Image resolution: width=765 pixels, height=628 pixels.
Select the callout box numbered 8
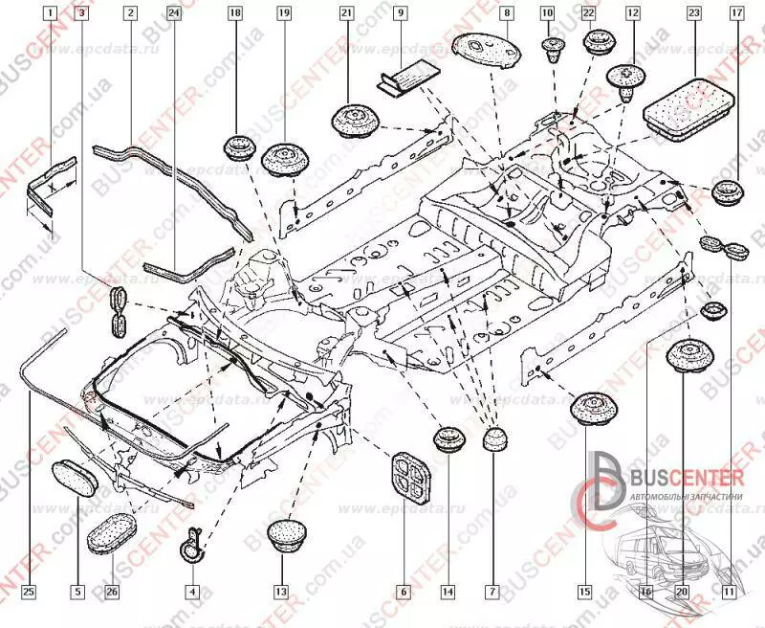pyautogui.click(x=507, y=14)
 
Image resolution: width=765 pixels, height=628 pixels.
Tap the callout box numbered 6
pyautogui.click(x=404, y=593)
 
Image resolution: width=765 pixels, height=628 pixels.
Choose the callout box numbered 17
pyautogui.click(x=735, y=14)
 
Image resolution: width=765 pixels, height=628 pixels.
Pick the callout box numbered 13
pyautogui.click(x=280, y=593)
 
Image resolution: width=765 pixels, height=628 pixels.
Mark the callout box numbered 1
pyautogui.click(x=49, y=14)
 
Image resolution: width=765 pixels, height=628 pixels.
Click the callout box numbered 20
pyautogui.click(x=682, y=593)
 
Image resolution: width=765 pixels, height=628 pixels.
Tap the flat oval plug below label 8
pyautogui.click(x=483, y=47)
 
